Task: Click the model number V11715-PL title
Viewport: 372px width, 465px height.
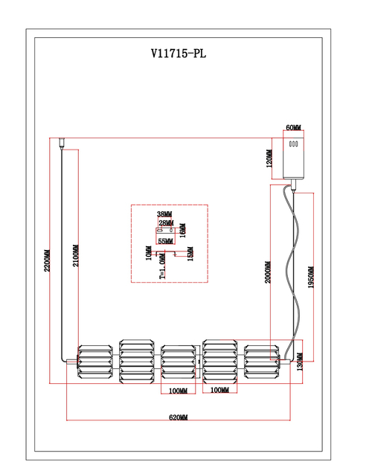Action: coord(179,54)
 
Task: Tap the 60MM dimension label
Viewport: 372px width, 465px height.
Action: coord(293,127)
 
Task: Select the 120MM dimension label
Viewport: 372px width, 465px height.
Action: coord(269,158)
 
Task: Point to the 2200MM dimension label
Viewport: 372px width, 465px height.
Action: coord(47,260)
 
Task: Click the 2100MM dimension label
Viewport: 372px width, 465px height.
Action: coord(76,255)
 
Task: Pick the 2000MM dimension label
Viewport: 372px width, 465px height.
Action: coord(268,272)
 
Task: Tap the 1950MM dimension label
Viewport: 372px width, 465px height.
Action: coord(310,278)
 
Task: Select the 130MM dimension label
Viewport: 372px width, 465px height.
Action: coord(300,362)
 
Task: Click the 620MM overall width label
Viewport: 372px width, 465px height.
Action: coord(179,417)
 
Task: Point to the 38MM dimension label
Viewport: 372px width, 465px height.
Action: coord(164,214)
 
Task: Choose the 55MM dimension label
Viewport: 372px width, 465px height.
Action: coord(165,241)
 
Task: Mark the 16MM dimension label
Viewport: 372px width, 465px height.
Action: coord(183,231)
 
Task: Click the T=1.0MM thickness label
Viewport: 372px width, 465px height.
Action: coord(162,266)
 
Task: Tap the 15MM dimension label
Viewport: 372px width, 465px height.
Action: coord(190,254)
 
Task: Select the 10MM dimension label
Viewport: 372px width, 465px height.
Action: coord(149,253)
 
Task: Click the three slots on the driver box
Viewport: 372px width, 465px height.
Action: coord(293,144)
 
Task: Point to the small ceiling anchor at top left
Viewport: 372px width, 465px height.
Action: coord(62,144)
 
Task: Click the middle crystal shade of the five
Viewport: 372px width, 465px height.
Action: coord(179,362)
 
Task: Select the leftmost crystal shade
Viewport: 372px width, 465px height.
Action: coord(95,362)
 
